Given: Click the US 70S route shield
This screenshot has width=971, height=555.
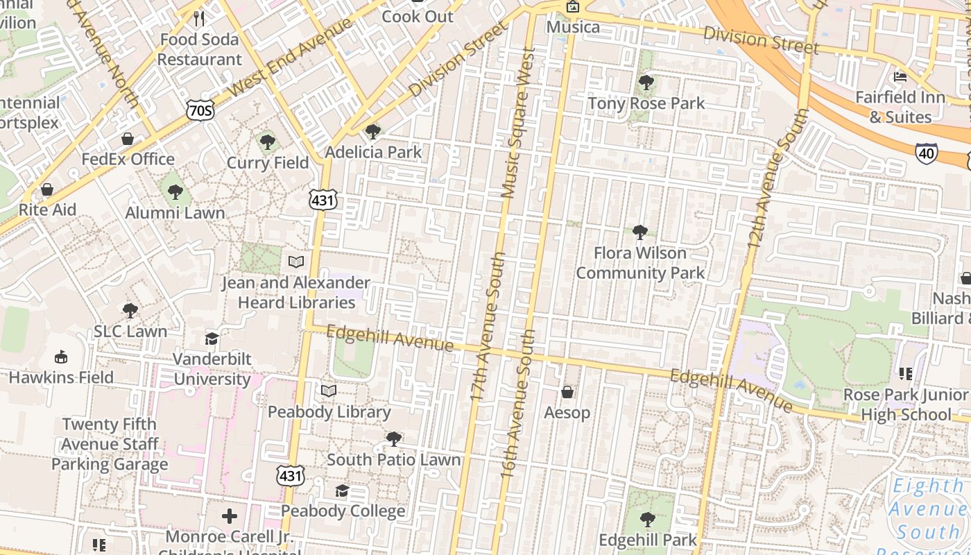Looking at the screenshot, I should [x=200, y=110].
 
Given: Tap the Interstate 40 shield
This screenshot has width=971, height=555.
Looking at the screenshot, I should [x=927, y=153].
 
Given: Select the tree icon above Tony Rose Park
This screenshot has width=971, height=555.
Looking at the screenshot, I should [x=646, y=83].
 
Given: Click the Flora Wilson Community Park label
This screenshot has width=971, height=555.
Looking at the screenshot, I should [x=640, y=263].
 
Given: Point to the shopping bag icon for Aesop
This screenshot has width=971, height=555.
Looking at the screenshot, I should [x=567, y=392].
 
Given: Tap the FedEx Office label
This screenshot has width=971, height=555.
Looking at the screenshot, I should [x=128, y=159].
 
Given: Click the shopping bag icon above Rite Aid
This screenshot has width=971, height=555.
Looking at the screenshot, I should [x=47, y=189].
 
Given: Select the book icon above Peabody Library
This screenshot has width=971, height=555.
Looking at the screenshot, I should [x=329, y=391].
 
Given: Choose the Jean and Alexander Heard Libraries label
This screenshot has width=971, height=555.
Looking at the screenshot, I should [x=296, y=292].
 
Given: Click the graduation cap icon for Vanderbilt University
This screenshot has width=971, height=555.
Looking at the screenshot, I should [x=212, y=338].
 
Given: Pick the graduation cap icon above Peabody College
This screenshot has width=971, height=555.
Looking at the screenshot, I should [x=342, y=490].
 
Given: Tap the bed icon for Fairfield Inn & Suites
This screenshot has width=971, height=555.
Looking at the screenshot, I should [x=900, y=76].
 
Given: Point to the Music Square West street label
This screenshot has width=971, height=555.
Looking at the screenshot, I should [x=518, y=123].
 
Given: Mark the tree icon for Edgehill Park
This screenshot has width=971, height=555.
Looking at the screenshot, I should [x=646, y=519].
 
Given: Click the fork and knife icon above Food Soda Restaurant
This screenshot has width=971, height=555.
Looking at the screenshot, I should [x=199, y=18].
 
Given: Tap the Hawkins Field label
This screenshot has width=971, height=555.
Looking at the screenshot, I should [x=61, y=377].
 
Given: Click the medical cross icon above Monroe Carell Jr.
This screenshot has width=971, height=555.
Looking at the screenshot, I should [x=230, y=516].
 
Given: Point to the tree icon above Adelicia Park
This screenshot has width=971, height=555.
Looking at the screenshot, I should [x=372, y=131].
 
